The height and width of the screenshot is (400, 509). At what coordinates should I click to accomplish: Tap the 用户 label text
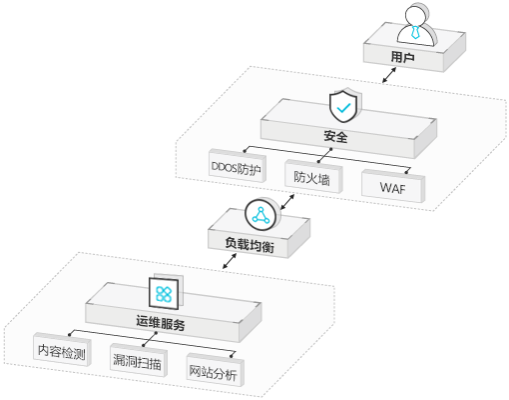pyautogui.click(x=402, y=57)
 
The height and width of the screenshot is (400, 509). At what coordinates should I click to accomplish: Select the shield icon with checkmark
pyautogui.click(x=345, y=105)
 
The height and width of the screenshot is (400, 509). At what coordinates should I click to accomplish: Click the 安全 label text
pyautogui.click(x=336, y=137)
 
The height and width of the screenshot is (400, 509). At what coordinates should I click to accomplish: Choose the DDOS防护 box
pyautogui.click(x=238, y=166)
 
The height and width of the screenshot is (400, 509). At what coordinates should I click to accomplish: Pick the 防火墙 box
pyautogui.click(x=313, y=176)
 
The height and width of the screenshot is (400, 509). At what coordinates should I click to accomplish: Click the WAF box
pyautogui.click(x=393, y=186)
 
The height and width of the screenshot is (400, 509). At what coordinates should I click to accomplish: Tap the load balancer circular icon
pyautogui.click(x=262, y=215)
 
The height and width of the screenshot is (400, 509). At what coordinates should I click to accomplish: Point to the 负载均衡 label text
pyautogui.click(x=250, y=245)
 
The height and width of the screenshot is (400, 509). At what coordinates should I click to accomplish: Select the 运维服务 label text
pyautogui.click(x=161, y=323)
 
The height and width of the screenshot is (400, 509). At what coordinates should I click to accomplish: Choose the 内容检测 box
pyautogui.click(x=62, y=349)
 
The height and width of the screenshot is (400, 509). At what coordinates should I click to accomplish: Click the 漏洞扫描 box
pyautogui.click(x=139, y=360)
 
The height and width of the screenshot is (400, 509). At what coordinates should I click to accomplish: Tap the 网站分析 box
pyautogui.click(x=215, y=370)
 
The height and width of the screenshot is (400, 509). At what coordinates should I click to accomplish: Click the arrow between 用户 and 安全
pyautogui.click(x=389, y=75)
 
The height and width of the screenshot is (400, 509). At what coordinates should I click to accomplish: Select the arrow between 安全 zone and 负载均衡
pyautogui.click(x=287, y=202)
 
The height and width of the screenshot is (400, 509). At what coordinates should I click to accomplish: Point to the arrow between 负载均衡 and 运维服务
pyautogui.click(x=230, y=261)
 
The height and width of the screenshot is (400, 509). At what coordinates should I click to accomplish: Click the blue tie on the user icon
pyautogui.click(x=415, y=31)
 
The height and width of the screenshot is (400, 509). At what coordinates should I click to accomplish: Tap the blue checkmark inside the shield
pyautogui.click(x=343, y=108)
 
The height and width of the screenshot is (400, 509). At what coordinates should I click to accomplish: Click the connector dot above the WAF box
pyautogui.click(x=406, y=172)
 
